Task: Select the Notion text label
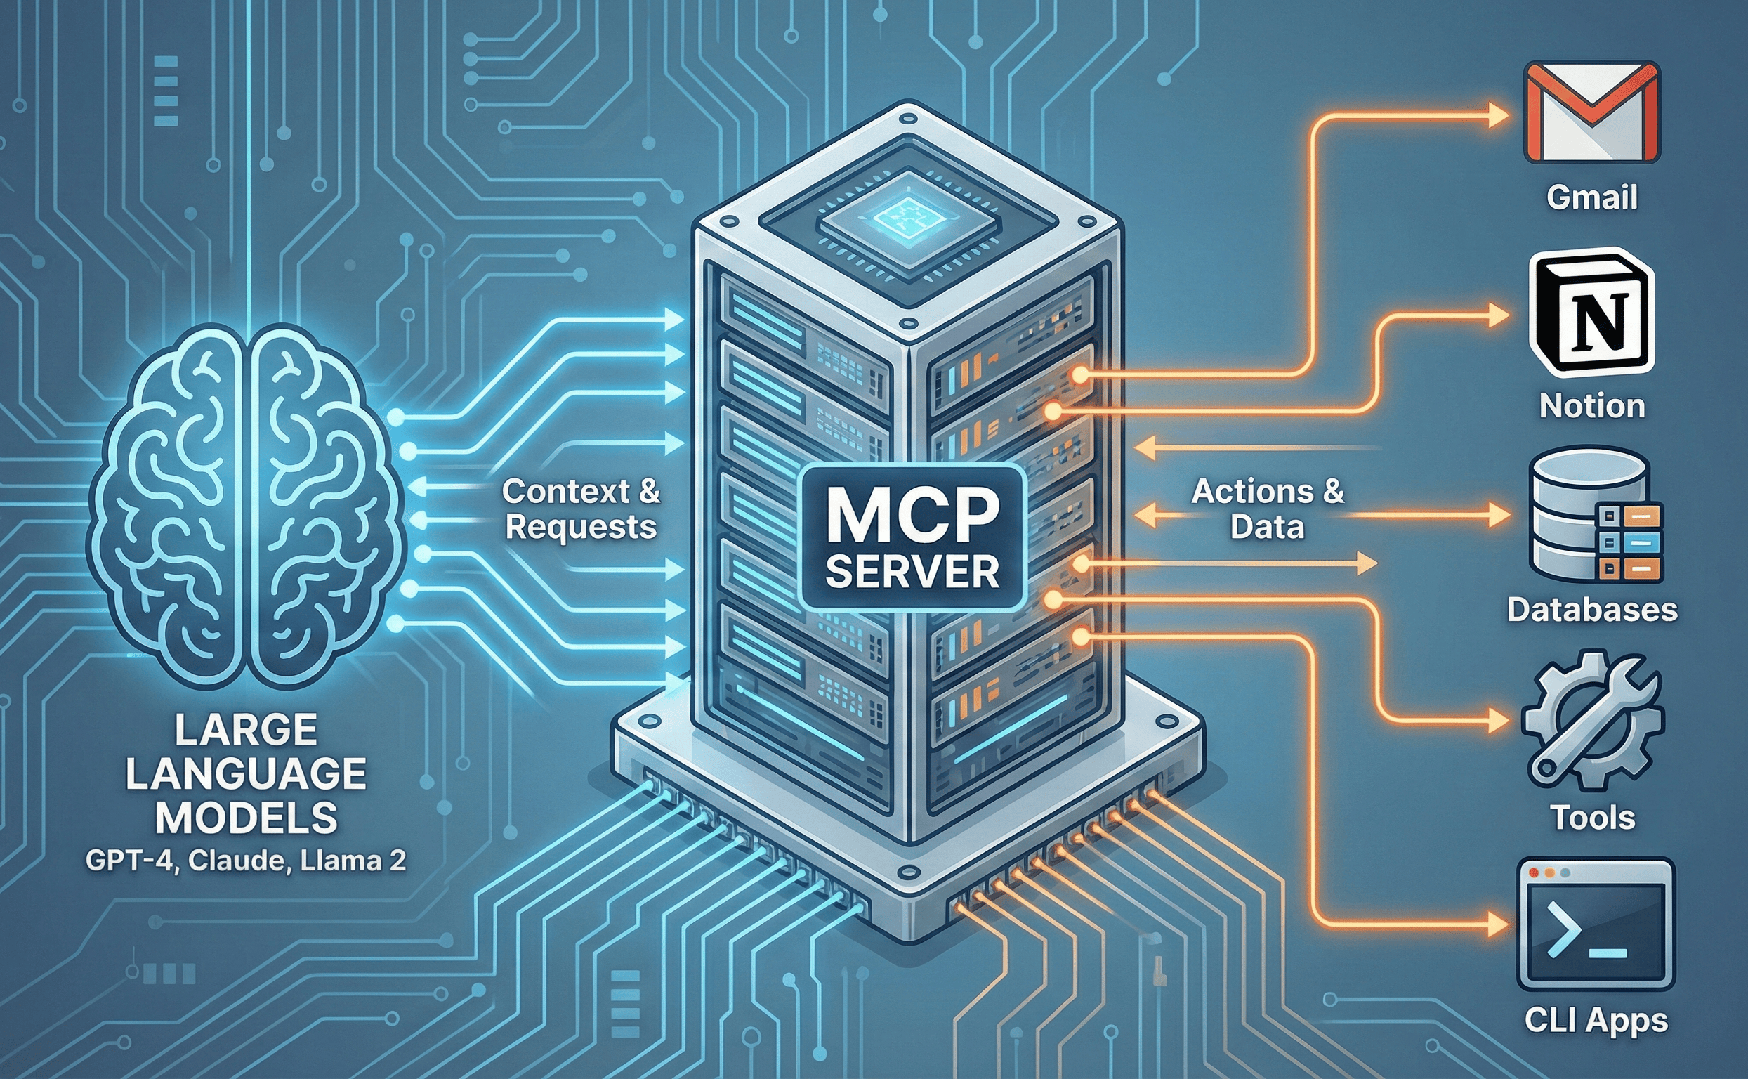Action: click(x=1592, y=405)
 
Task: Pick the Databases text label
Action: click(x=1592, y=610)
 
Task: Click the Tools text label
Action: click(x=1593, y=817)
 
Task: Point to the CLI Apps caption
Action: click(x=1596, y=1021)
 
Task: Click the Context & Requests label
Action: click(x=581, y=509)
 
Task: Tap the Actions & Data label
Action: click(x=1268, y=509)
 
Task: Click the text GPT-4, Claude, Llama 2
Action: click(x=246, y=861)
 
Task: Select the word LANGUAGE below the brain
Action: click(x=246, y=774)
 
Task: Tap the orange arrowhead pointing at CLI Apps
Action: click(x=1497, y=924)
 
